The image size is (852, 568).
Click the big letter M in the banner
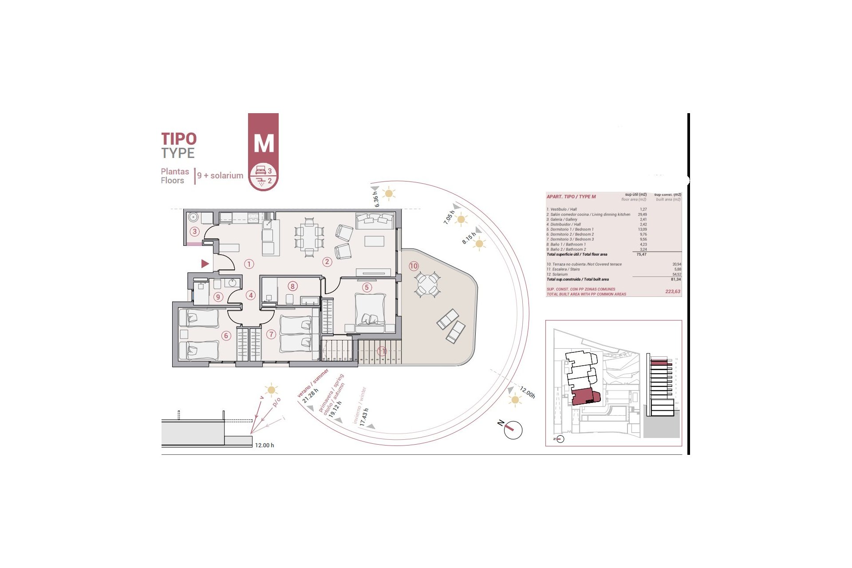264,143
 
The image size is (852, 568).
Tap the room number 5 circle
367,287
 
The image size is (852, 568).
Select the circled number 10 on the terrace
414,266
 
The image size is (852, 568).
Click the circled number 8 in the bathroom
292,286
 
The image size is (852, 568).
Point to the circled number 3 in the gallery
194,231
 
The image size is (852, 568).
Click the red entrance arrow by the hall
205,264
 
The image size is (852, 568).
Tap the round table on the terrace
427,284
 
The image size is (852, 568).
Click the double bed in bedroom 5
370,312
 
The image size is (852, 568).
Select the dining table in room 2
309,237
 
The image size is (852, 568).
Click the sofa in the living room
375,221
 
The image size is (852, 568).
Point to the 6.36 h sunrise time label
376,199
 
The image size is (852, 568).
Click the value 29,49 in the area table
642,214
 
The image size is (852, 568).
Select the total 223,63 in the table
673,292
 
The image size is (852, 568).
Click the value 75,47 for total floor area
641,254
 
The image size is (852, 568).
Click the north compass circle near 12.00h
513,430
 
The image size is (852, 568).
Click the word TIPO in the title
178,139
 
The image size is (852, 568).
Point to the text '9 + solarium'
220,176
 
